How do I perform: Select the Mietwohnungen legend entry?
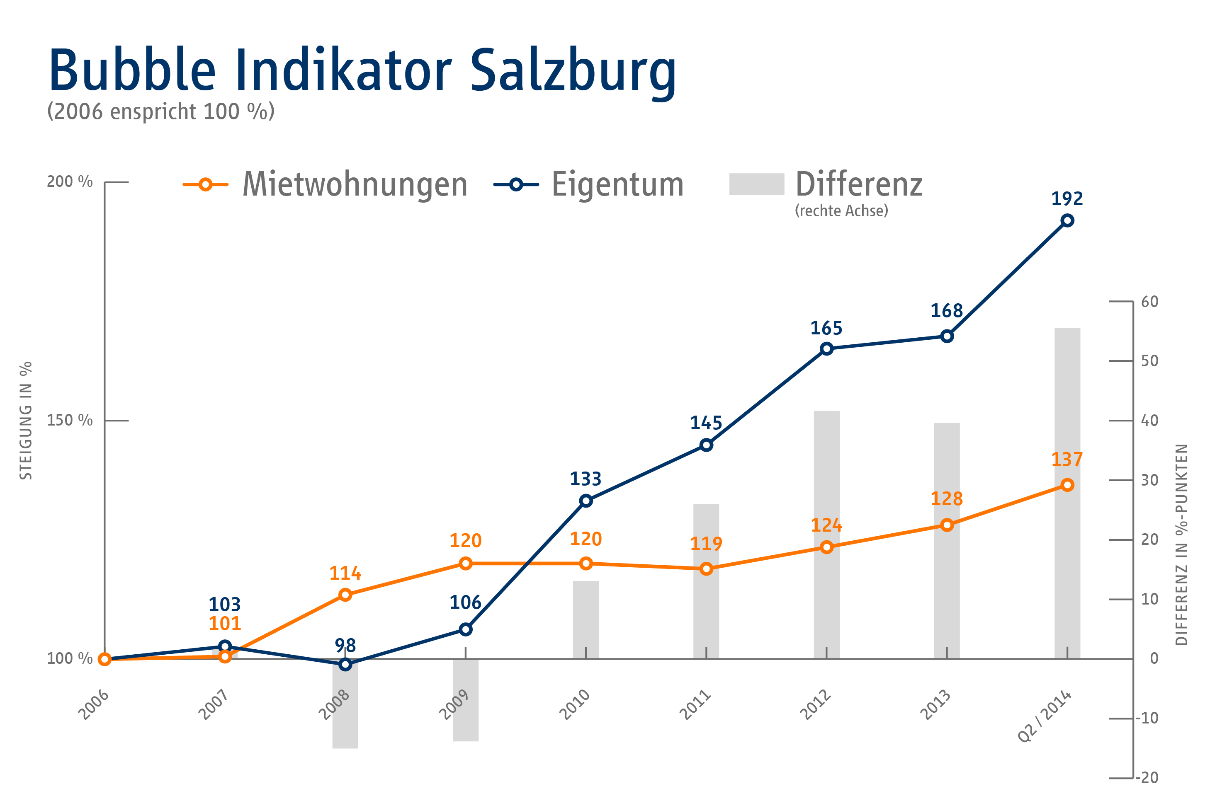coord(355,184)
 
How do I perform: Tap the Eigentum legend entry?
coord(617,184)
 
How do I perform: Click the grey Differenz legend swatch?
coord(756,184)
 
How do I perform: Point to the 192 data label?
coord(1067,198)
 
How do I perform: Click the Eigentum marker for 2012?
coord(826,349)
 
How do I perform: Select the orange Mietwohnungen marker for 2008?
coord(345,595)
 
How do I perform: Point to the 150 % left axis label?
coord(70,421)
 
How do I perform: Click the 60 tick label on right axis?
coord(1150,302)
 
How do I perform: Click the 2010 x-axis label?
coord(575,704)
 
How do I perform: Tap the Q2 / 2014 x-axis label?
coord(1045,716)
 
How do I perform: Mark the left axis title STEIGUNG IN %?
coord(26,421)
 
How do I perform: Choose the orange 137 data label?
coord(1067,459)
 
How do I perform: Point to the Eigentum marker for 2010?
coord(586,501)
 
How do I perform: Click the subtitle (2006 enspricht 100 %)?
coord(161,112)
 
